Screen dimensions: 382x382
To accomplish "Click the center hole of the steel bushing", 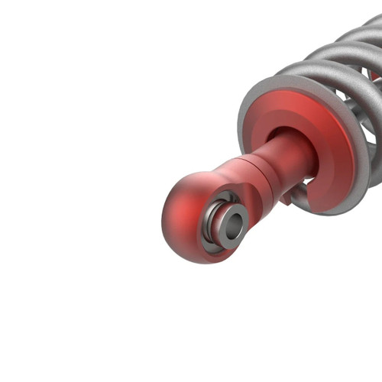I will pyautogui.click(x=234, y=225).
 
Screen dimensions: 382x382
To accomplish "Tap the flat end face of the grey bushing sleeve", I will pyautogui.click(x=227, y=216).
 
